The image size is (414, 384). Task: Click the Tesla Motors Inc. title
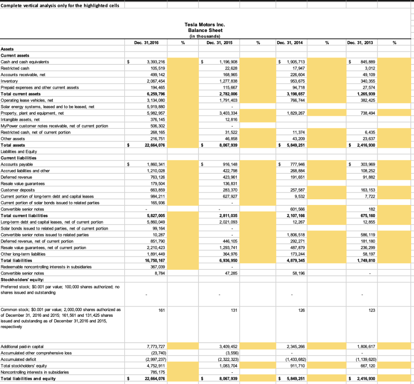click(205, 25)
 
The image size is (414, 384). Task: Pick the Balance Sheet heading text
click(205, 30)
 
